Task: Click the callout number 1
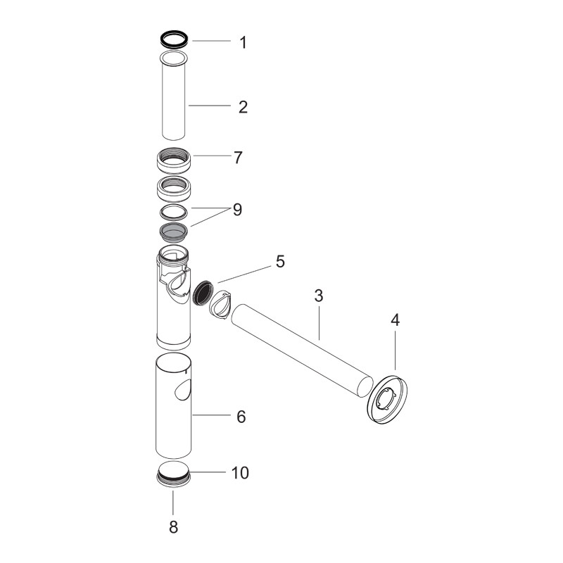[x=243, y=42]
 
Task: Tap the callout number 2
[x=243, y=107]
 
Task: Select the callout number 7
[x=238, y=157]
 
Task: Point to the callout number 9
[x=237, y=210]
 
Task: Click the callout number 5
[x=280, y=262]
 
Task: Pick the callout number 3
[x=318, y=296]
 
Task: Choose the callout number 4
[x=395, y=320]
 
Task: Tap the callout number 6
[x=241, y=417]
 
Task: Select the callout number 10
[x=240, y=473]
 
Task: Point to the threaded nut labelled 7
[x=173, y=161]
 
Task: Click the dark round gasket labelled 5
[x=203, y=290]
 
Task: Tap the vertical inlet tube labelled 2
[x=173, y=99]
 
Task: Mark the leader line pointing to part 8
[x=173, y=502]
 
